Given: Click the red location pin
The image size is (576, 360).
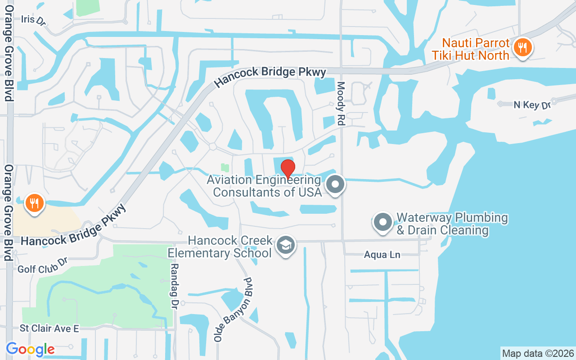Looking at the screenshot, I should click(288, 169).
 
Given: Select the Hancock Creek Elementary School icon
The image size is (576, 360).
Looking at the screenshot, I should click(285, 246).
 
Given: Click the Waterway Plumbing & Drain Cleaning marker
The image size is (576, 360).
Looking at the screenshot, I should click(383, 222).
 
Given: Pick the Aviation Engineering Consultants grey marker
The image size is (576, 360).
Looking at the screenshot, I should click(335, 184).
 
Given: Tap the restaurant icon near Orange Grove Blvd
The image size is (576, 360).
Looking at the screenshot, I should click(34, 202).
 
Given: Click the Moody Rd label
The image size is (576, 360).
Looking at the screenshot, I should click(341, 103).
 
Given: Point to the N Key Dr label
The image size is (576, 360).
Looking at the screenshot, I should click(532, 105).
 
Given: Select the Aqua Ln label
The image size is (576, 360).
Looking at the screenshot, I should click(382, 255).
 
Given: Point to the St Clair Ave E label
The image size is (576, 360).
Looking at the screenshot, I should click(49, 329).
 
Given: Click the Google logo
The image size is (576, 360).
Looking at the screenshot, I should click(30, 349).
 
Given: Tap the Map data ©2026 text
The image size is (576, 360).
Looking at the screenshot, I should click(538, 353).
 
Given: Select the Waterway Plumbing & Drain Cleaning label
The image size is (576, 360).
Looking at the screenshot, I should click(452, 224).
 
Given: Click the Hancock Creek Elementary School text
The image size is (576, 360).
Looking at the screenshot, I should click(220, 247).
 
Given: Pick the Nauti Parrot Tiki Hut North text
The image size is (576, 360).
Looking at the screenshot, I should click(476, 49).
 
